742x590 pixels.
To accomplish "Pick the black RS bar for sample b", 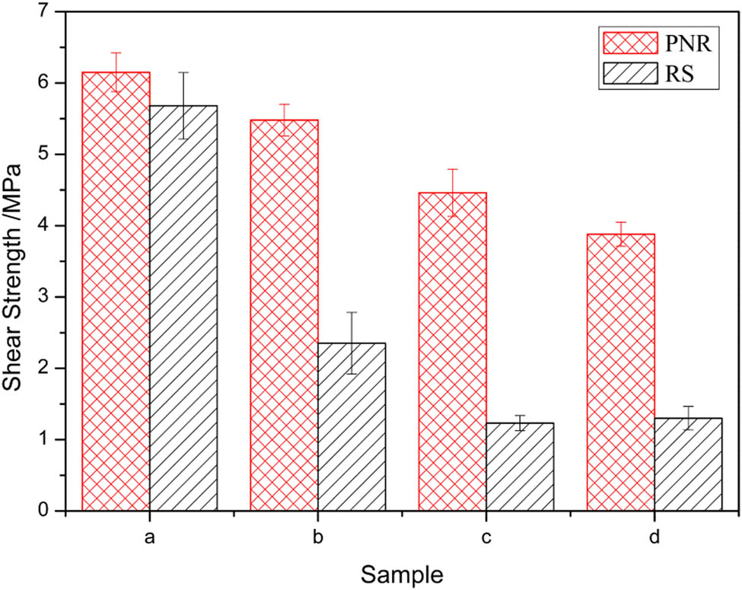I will coord(352,426).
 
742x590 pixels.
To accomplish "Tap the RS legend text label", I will coord(683,73).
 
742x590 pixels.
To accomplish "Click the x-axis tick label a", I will coord(150,537).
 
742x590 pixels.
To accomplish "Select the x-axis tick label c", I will coord(486,537).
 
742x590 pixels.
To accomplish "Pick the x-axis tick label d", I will coord(654,537).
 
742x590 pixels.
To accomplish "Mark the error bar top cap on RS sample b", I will coord(352,312).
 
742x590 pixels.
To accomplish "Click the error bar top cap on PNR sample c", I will coord(453,169).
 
